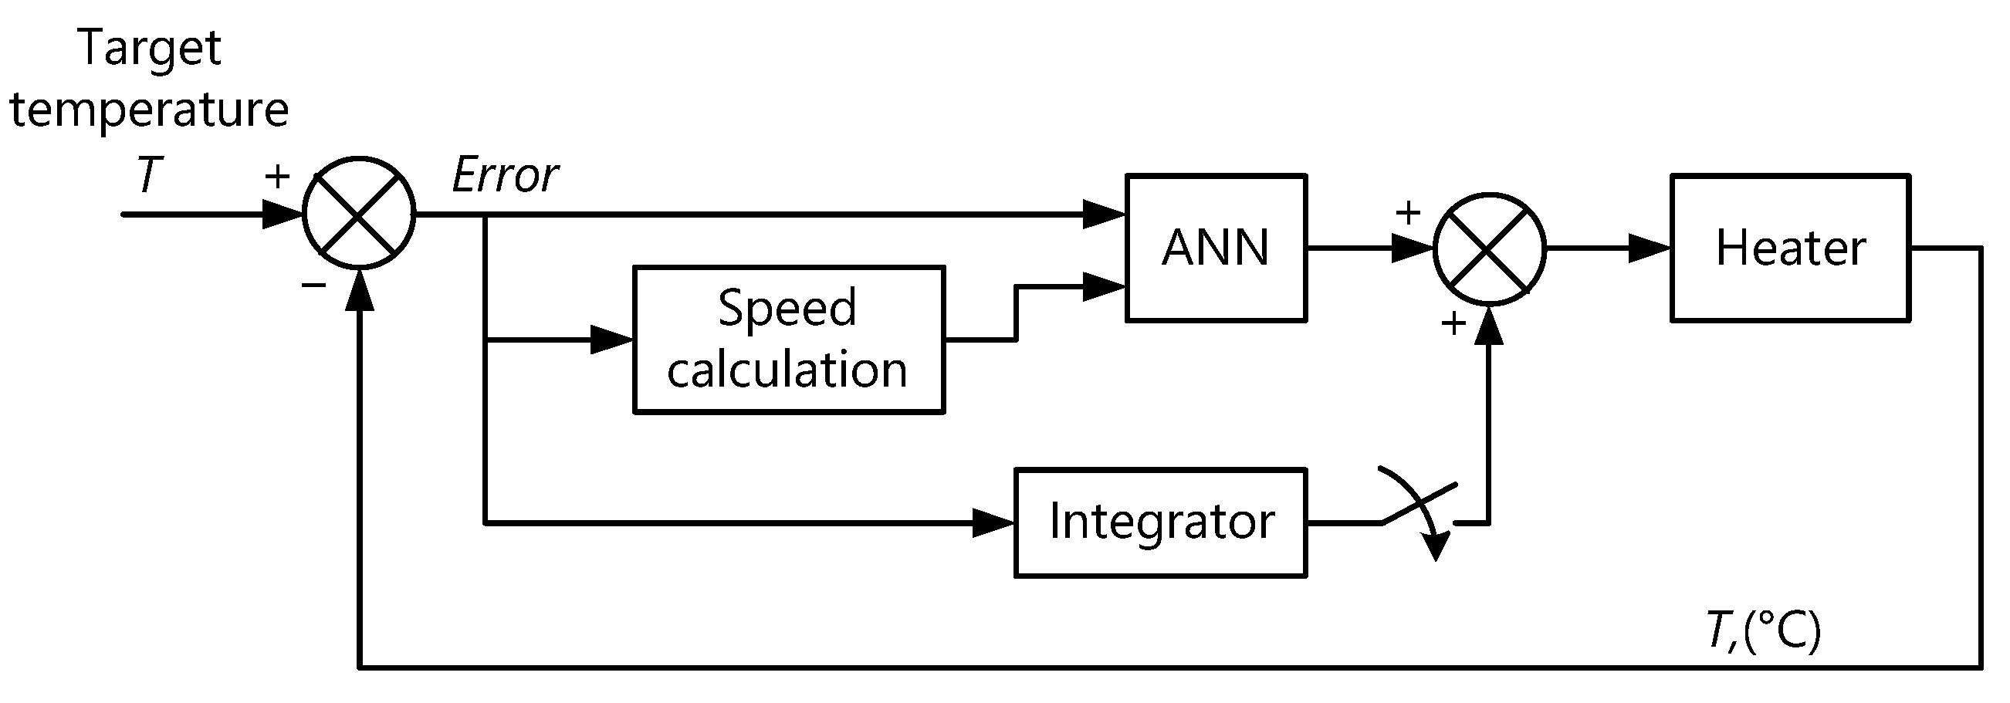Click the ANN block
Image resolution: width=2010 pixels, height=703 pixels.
1215,248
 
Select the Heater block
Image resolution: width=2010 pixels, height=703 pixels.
1789,248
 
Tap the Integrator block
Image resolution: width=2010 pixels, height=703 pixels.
1159,522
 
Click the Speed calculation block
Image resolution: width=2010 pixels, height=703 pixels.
788,340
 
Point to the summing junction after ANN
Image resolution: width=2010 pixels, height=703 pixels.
1489,248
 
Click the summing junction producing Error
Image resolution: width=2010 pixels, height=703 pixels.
358,213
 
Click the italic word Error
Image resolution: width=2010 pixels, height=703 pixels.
504,174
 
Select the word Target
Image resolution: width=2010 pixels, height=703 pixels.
150,49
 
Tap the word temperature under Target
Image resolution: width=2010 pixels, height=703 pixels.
149,110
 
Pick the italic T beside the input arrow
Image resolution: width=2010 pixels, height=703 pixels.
149,174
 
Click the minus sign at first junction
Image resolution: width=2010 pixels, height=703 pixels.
313,286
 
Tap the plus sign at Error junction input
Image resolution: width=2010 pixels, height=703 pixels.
277,177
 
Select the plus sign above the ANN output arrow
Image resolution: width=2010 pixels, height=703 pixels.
1408,212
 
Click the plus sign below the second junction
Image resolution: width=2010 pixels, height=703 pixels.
1453,323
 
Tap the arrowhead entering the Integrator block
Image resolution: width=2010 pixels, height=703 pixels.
993,522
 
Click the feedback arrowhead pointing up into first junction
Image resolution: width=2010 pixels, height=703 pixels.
359,290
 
